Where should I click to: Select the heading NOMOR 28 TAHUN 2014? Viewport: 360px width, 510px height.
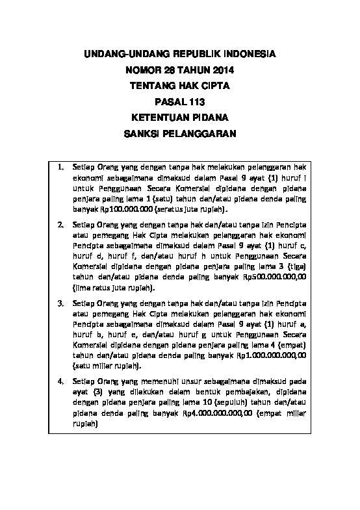click(180, 70)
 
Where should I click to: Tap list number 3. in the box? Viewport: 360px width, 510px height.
click(60, 303)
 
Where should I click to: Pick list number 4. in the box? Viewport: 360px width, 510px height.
click(60, 381)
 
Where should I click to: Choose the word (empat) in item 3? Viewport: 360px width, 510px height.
click(292, 344)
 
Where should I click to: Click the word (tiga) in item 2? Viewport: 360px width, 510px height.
click(296, 266)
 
